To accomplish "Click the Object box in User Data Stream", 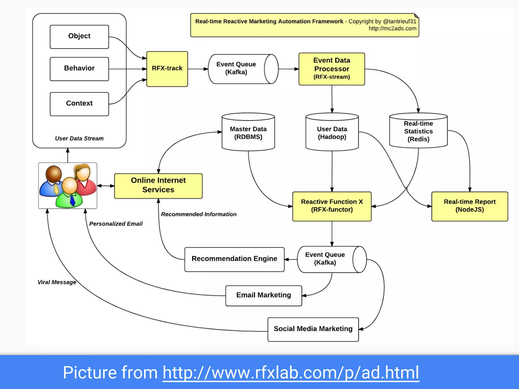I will [79, 37].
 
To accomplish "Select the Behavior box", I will [79, 69].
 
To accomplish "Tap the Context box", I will [79, 104].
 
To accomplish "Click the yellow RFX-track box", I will [167, 69].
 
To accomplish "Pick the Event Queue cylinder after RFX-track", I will [239, 69].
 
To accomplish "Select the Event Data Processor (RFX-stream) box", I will [331, 69].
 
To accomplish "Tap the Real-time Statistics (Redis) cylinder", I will [418, 131].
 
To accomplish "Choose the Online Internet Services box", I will [158, 186].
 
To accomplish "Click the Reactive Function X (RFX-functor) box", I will [332, 206].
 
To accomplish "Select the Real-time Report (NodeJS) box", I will [469, 206].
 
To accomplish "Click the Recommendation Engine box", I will [234, 259].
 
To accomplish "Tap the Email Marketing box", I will [264, 296].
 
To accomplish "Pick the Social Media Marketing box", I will [313, 329].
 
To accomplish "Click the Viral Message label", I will [57, 282].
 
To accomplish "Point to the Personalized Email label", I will [116, 224].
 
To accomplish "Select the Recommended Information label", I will [199, 215].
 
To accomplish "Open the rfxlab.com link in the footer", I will [291, 373].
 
